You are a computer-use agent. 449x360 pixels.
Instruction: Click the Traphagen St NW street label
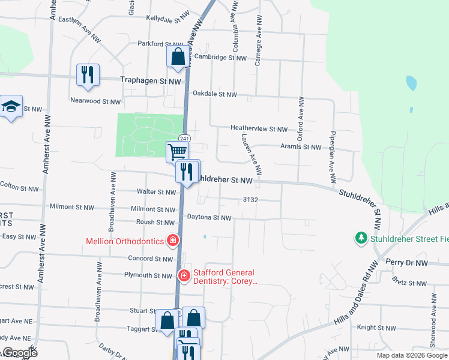point(151,80)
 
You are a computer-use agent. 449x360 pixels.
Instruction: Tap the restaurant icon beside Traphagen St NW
point(88,75)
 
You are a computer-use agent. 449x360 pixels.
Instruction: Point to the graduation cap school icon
point(10,107)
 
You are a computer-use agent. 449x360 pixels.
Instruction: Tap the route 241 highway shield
point(184,139)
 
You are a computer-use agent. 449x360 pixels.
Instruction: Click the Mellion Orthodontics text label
point(124,241)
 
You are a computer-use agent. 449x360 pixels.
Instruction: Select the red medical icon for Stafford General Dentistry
point(184,276)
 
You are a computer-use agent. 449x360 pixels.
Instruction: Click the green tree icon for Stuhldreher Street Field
point(361,239)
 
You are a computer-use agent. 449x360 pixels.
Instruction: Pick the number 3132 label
point(250,199)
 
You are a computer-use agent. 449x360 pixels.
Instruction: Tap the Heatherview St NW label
point(260,128)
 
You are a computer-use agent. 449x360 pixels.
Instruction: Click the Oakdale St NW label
point(214,94)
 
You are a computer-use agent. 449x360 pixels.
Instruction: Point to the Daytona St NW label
point(209,217)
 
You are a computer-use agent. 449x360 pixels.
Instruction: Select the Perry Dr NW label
point(406,262)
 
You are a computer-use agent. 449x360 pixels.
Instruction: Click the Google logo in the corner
point(20,353)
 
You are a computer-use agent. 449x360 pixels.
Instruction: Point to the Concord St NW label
point(151,259)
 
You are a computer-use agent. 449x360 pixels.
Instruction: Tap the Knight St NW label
point(376,328)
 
